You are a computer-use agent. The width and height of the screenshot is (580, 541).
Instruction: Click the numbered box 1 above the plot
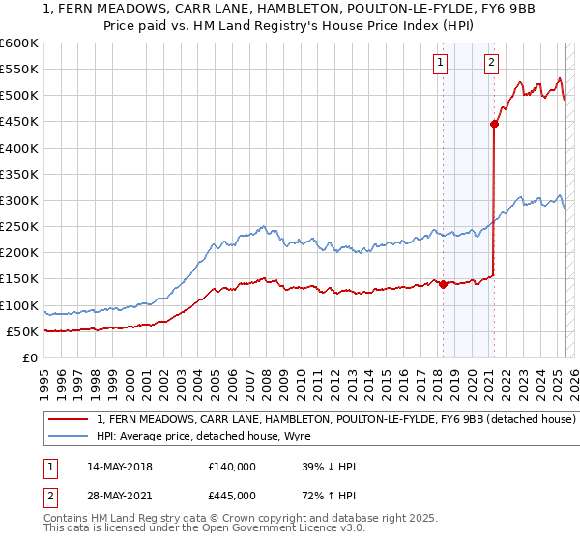(441, 63)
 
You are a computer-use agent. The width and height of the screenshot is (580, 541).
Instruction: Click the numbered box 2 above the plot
(492, 63)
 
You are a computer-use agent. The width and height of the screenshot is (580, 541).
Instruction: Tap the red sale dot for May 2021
(494, 124)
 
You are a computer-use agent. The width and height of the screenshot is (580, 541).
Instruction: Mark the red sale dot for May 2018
(443, 284)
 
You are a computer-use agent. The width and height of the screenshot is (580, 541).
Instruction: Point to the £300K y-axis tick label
(18, 201)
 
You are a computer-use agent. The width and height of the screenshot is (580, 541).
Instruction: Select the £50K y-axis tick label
(22, 331)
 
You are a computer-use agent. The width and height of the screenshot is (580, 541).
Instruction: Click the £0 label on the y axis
(30, 357)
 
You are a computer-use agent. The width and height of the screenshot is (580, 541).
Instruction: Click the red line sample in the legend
(68, 420)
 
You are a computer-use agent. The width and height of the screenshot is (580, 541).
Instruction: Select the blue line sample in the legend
(68, 438)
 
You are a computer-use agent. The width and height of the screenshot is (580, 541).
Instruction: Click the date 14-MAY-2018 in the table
(119, 467)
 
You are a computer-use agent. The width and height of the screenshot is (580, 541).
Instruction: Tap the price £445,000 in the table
(232, 496)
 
